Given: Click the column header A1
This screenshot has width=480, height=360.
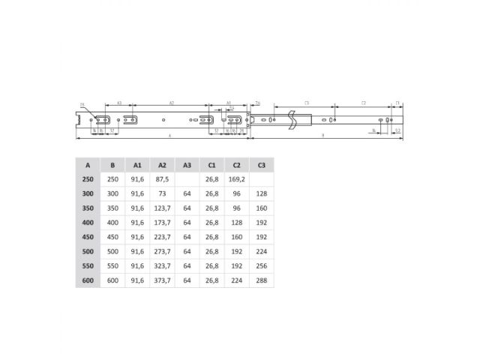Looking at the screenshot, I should pos(137,165).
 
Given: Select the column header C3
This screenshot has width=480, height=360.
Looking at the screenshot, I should pos(261,165).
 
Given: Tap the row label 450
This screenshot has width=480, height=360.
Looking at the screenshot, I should pos(88,237).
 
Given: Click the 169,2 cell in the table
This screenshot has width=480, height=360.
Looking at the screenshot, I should pos(236,179).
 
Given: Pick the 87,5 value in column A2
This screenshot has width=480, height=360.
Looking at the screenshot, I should pos(161,179).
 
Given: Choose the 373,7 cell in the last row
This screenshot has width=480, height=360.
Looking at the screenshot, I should pos(161,280).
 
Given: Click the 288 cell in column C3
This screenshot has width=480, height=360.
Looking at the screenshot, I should pos(261,280).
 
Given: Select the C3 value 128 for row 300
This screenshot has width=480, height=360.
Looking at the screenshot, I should pos(261,193).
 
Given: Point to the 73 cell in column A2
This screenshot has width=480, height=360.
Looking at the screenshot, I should pos(161,193).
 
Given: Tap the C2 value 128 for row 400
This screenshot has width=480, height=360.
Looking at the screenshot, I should pos(236,223).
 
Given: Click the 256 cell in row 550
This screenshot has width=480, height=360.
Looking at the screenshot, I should pos(261,266).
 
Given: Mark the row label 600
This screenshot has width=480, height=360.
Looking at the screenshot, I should pos(88,280).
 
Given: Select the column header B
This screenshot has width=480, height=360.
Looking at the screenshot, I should pos(112,165).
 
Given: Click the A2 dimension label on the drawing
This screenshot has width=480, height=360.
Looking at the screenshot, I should pos(172,103).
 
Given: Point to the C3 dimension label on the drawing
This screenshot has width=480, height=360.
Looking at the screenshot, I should pos(307,103).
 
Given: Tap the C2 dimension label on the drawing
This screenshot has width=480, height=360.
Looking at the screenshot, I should pos(363,103).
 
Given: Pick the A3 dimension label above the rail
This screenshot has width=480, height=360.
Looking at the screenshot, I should pos(119,103).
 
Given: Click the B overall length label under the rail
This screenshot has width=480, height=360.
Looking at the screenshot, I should pos(322,136).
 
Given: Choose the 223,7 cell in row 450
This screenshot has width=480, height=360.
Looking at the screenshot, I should pos(161,237).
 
